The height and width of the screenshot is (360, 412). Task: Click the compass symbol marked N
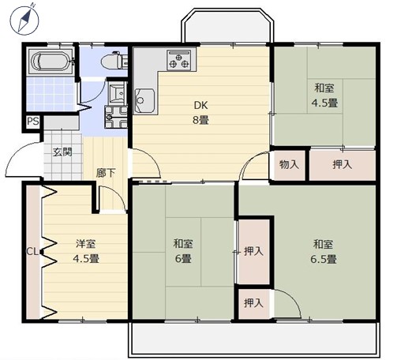[24, 20]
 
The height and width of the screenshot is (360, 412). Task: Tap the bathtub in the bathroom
[50, 62]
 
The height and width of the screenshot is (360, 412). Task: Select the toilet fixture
[114, 60]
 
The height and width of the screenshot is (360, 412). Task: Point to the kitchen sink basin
[144, 101]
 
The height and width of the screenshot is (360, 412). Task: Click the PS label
[33, 122]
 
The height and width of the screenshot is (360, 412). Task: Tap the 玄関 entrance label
[62, 152]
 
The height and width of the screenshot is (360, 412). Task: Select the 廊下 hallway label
[105, 173]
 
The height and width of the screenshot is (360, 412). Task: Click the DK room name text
[200, 106]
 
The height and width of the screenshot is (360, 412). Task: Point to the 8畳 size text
[200, 120]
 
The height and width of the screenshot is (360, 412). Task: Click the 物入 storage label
[289, 164]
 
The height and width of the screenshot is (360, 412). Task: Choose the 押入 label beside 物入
[342, 164]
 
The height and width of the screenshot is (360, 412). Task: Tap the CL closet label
[32, 252]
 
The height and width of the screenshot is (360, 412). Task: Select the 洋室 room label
[86, 244]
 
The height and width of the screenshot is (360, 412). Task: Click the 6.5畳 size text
[324, 259]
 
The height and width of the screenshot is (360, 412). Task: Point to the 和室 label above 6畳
[183, 244]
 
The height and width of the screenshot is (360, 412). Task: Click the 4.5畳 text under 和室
[324, 103]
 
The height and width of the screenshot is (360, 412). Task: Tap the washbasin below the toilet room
[117, 92]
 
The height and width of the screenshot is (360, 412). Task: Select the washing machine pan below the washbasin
[116, 117]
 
